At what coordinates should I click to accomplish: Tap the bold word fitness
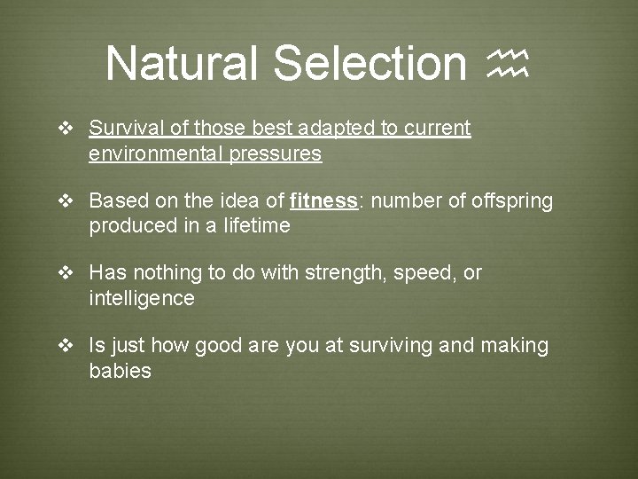click(323, 201)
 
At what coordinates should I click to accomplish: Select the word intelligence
click(142, 299)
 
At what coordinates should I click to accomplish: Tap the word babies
click(121, 371)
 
